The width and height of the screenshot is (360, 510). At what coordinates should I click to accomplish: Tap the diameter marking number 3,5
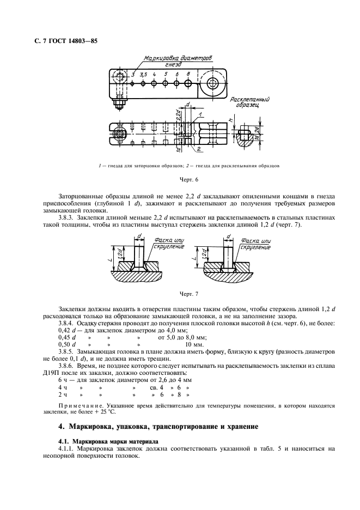coord(143,74)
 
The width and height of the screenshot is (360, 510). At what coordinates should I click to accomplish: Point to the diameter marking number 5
coord(166,74)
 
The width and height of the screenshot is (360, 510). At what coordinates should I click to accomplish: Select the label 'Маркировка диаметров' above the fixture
coord(178,58)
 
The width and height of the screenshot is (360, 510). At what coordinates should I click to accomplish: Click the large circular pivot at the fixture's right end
coord(212,84)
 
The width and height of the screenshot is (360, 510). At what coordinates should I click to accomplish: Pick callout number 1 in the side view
coord(200,114)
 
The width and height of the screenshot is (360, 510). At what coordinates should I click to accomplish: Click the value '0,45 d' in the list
coord(66,337)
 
